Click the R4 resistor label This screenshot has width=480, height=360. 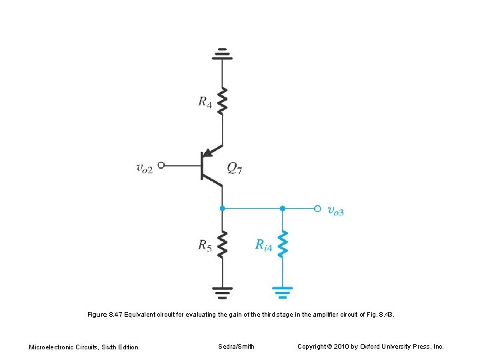click(x=205, y=102)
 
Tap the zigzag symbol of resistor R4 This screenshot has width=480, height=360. click(x=223, y=101)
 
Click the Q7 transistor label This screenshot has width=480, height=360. click(x=235, y=168)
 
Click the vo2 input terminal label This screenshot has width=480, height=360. click(x=144, y=168)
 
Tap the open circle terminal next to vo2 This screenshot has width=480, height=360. click(x=161, y=164)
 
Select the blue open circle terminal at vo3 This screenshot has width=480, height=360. click(x=317, y=208)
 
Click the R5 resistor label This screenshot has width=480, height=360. click(x=205, y=245)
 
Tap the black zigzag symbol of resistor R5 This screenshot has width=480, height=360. click(x=223, y=243)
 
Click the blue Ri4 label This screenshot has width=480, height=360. click(x=264, y=245)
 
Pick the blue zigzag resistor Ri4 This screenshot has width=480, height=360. click(x=283, y=243)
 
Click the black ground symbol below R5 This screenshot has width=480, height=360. click(x=223, y=291)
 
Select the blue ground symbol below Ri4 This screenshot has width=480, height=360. click(x=283, y=291)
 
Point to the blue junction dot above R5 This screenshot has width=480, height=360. click(x=223, y=208)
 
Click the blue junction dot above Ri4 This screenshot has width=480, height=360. click(x=283, y=208)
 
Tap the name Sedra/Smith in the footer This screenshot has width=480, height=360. click(x=236, y=346)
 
